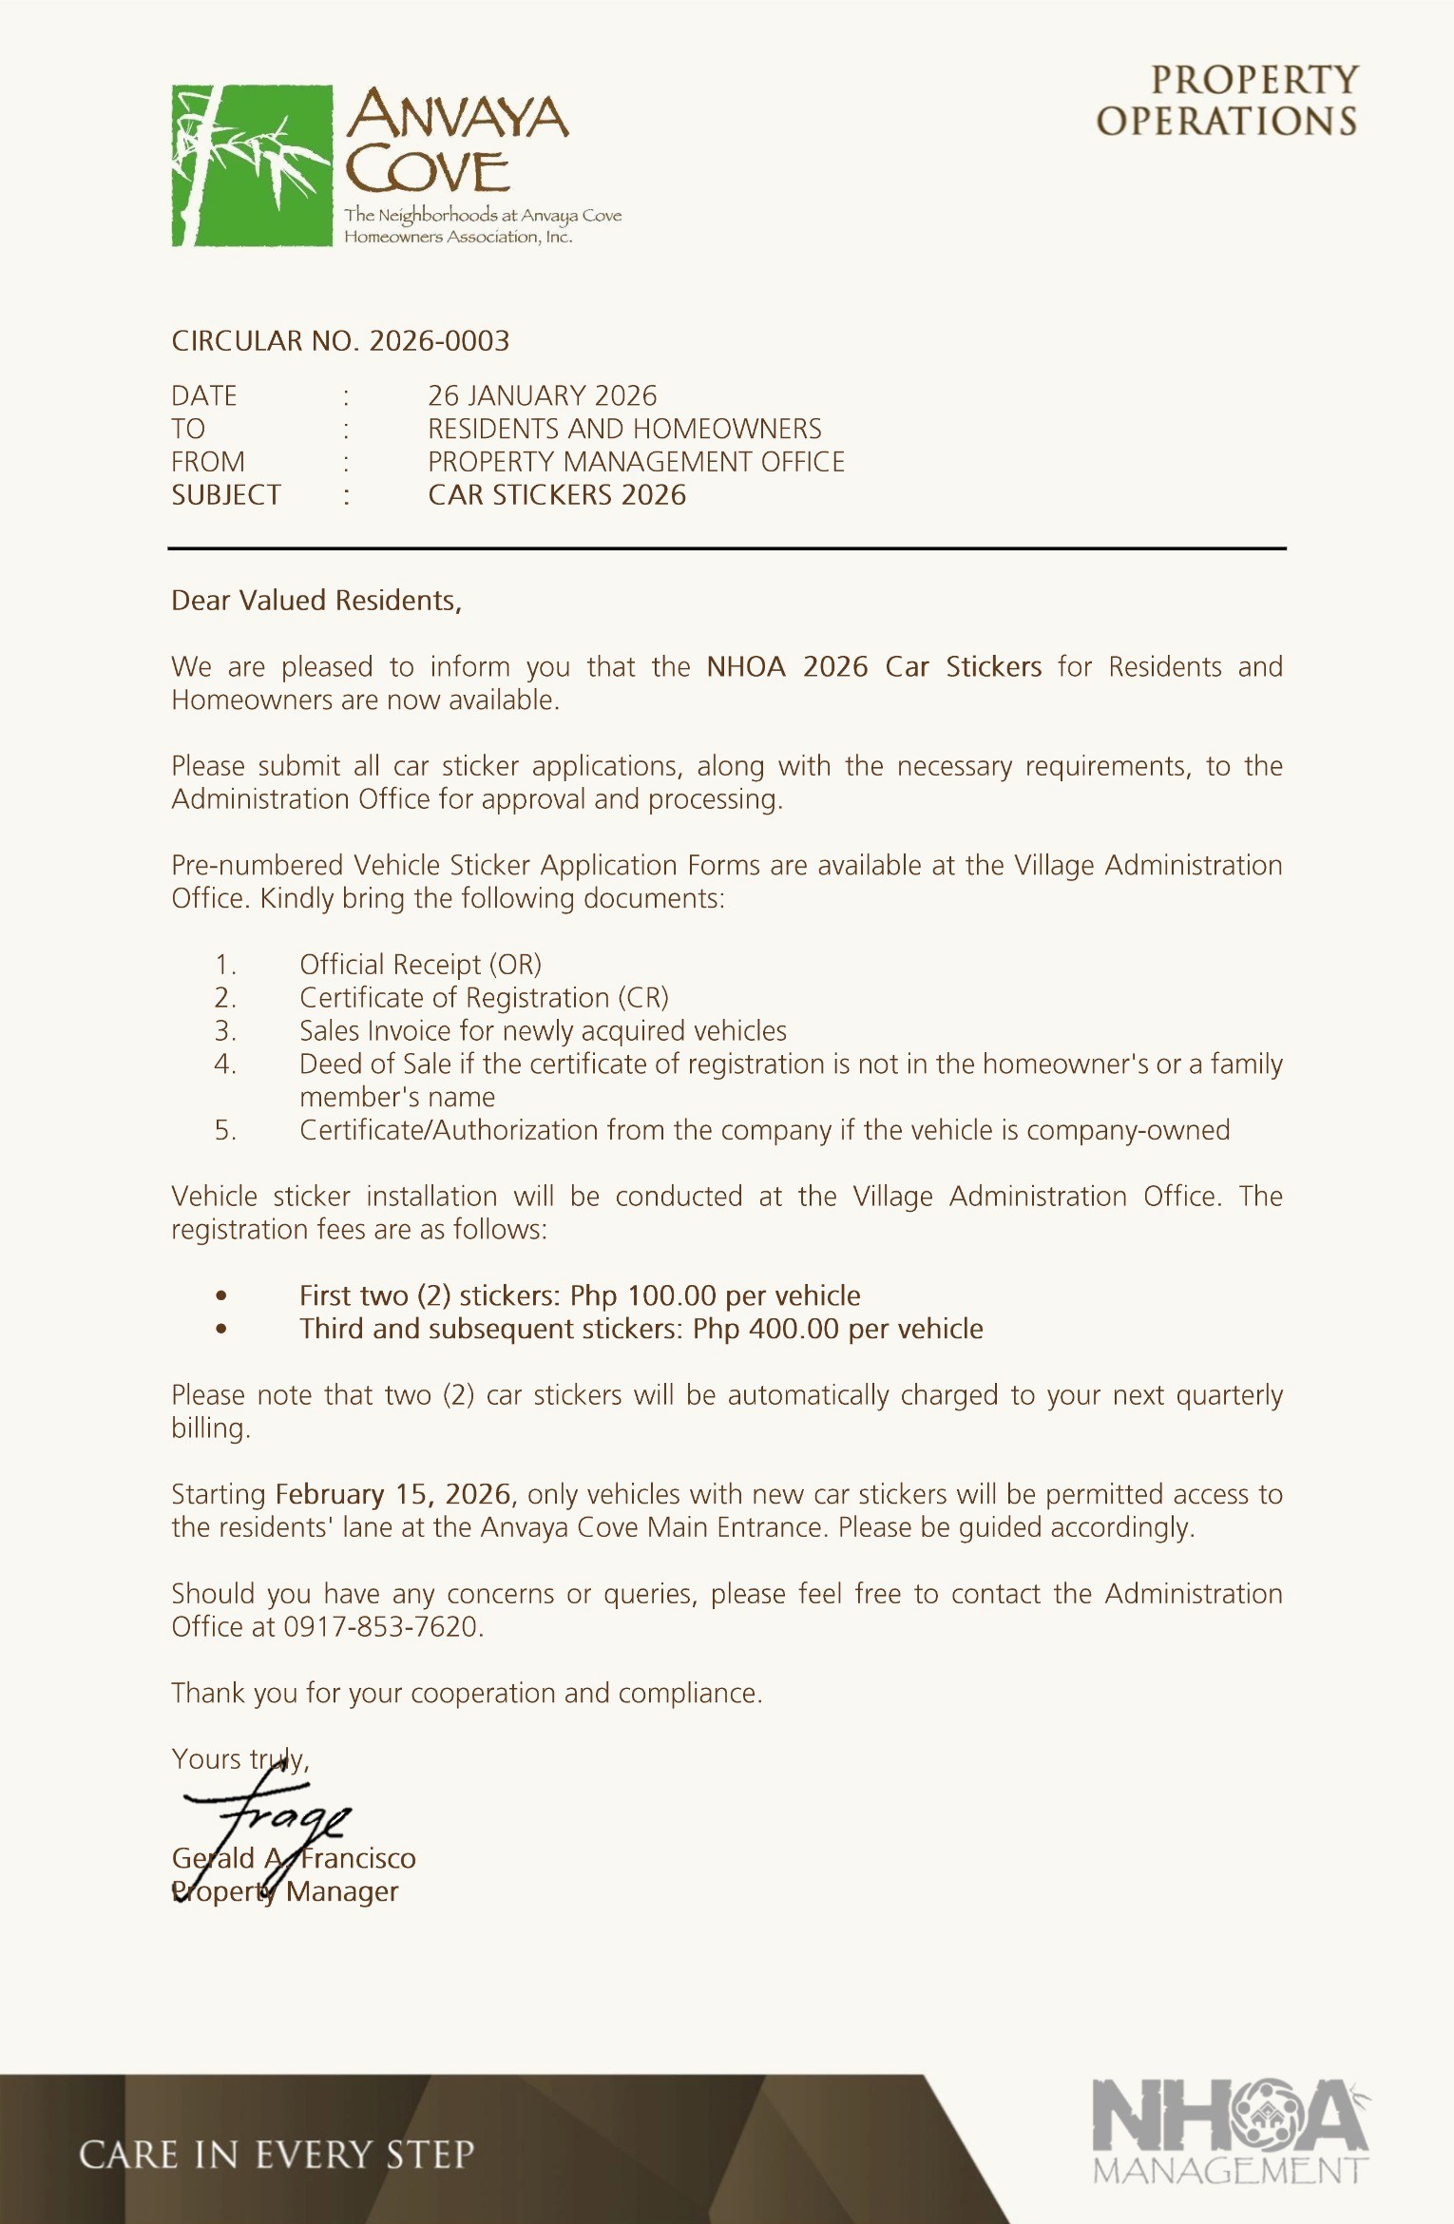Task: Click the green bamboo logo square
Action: pyautogui.click(x=252, y=165)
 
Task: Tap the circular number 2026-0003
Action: pyautogui.click(x=439, y=341)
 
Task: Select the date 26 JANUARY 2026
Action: pyautogui.click(x=542, y=395)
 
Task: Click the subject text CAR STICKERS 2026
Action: pyautogui.click(x=557, y=495)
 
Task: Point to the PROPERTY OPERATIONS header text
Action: pyautogui.click(x=1227, y=101)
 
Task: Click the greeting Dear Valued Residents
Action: pyautogui.click(x=316, y=601)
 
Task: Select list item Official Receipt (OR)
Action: pyautogui.click(x=420, y=965)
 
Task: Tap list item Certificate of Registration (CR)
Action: pyautogui.click(x=484, y=998)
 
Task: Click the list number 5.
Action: pyautogui.click(x=224, y=1130)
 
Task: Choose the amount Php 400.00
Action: pyautogui.click(x=765, y=1329)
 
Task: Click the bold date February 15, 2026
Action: pyautogui.click(x=393, y=1494)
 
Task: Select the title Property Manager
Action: pyautogui.click(x=285, y=1891)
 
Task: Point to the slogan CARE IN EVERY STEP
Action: pyautogui.click(x=277, y=2156)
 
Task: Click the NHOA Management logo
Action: pyautogui.click(x=1230, y=2129)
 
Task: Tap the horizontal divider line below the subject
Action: pyautogui.click(x=727, y=548)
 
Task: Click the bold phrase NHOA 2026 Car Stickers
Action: pyautogui.click(x=873, y=667)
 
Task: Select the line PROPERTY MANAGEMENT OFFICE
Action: pyautogui.click(x=636, y=462)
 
